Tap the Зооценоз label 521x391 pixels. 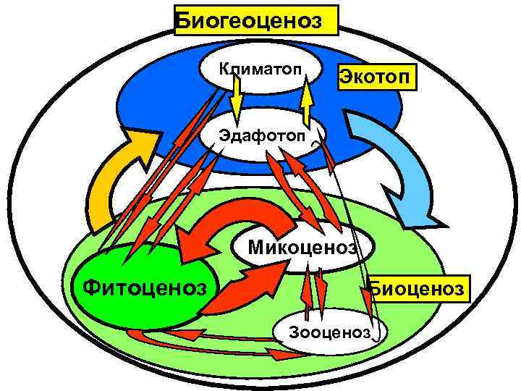[x=329, y=332]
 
